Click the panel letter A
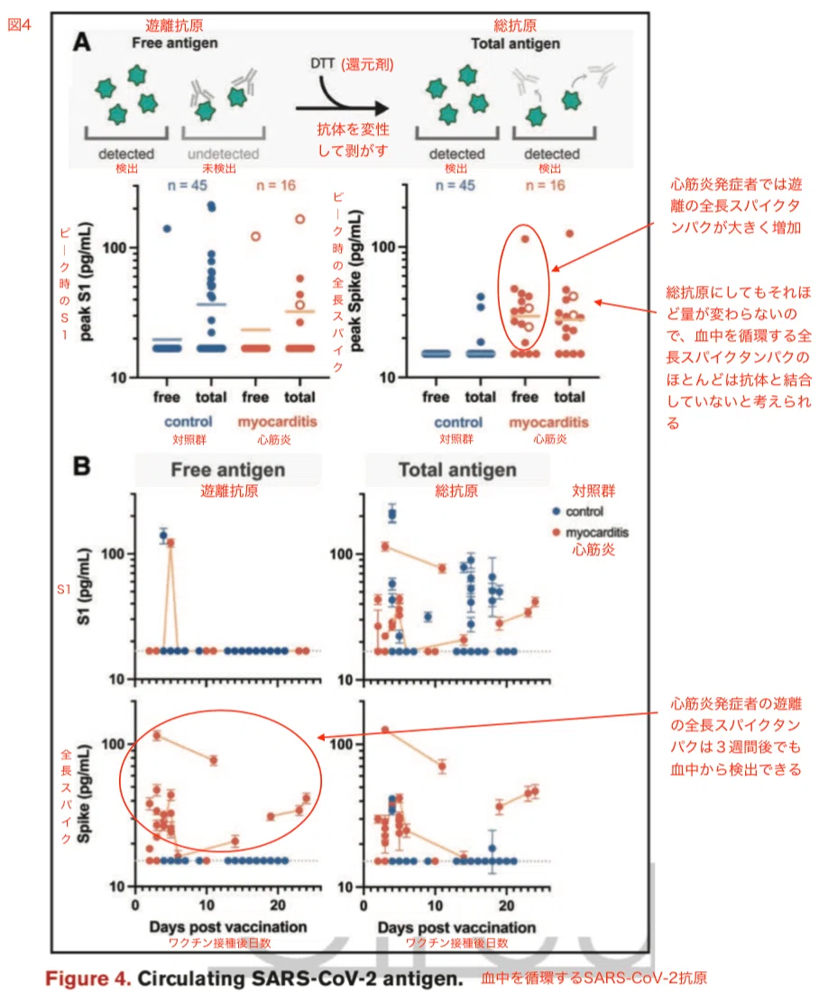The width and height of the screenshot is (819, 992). click(x=82, y=42)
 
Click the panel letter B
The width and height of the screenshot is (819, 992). click(x=82, y=466)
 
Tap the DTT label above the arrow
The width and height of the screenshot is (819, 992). click(x=322, y=63)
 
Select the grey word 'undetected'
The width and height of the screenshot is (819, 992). click(x=224, y=153)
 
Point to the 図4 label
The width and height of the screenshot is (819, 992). click(x=19, y=24)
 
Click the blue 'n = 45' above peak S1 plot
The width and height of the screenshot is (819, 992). click(x=187, y=186)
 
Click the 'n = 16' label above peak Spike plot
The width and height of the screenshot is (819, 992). click(x=545, y=186)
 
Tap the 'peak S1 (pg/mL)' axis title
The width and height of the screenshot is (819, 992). click(x=86, y=281)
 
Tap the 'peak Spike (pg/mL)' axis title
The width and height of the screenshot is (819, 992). click(x=356, y=280)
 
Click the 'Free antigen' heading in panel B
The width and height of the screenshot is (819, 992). click(x=228, y=470)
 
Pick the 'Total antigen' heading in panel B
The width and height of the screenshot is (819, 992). click(x=457, y=470)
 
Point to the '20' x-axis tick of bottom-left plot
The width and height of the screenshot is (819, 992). click(x=278, y=905)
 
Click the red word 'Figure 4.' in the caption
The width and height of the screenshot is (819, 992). click(x=88, y=978)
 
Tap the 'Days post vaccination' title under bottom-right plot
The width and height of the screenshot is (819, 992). click(x=456, y=927)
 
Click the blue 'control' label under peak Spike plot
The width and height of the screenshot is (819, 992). click(x=458, y=422)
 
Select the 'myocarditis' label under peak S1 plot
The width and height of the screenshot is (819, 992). click(x=277, y=421)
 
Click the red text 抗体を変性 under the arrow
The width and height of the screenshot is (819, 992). click(x=354, y=129)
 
